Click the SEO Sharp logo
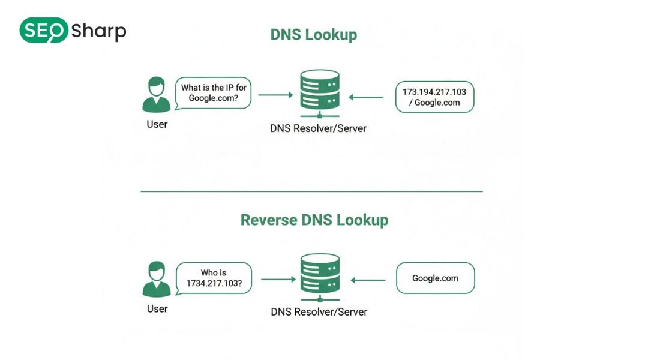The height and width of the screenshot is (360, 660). [73, 31]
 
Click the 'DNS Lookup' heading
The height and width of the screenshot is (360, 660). [313, 34]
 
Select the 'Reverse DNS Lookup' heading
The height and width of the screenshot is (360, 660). [314, 220]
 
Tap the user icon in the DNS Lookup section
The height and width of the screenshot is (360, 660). [157, 95]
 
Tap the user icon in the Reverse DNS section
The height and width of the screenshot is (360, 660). [157, 279]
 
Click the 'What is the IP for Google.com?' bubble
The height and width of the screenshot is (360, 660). [214, 93]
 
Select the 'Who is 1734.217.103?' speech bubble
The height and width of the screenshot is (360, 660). [214, 278]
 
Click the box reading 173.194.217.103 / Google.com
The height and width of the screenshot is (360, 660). [434, 97]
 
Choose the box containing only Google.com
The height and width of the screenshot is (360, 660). [435, 278]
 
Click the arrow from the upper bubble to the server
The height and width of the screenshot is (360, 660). [275, 95]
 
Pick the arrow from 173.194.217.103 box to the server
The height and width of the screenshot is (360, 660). [365, 97]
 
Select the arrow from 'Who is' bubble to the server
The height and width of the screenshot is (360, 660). [278, 280]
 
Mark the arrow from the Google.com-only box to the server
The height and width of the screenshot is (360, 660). [368, 280]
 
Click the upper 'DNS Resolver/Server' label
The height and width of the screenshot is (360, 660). [318, 128]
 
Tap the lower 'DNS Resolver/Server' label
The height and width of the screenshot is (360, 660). [319, 311]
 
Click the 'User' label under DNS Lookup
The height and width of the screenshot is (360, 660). [157, 125]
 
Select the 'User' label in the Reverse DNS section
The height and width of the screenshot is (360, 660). [157, 309]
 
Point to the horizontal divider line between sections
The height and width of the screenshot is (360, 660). [311, 191]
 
